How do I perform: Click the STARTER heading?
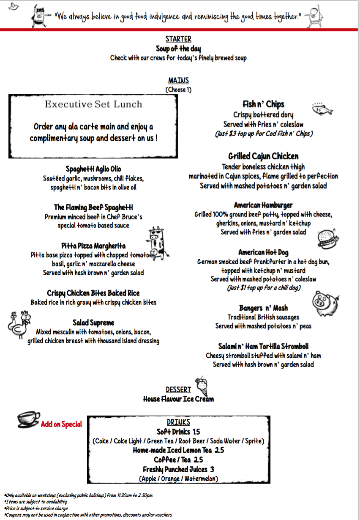178,39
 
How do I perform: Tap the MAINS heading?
178,80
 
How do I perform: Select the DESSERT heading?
178,389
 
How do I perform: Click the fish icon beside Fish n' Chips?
322,109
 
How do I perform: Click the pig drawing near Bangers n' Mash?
325,301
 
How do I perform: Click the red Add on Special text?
61,424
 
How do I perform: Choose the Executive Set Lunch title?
93,104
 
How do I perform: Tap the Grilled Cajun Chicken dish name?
263,156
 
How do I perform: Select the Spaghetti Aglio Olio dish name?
93,169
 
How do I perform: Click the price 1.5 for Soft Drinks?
196,432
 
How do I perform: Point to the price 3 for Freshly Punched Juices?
212,469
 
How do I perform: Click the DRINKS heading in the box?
178,422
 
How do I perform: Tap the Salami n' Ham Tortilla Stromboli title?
263,346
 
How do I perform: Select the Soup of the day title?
178,49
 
